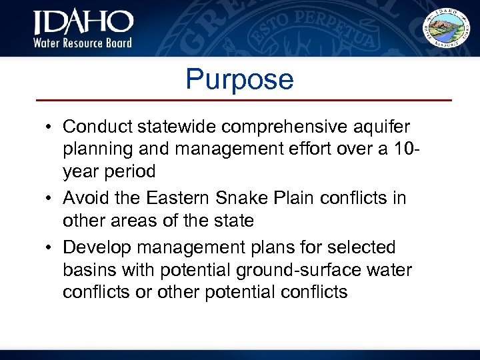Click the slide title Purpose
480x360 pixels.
(x=239, y=79)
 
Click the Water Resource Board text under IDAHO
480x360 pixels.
(x=83, y=43)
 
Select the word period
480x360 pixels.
(x=131, y=171)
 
